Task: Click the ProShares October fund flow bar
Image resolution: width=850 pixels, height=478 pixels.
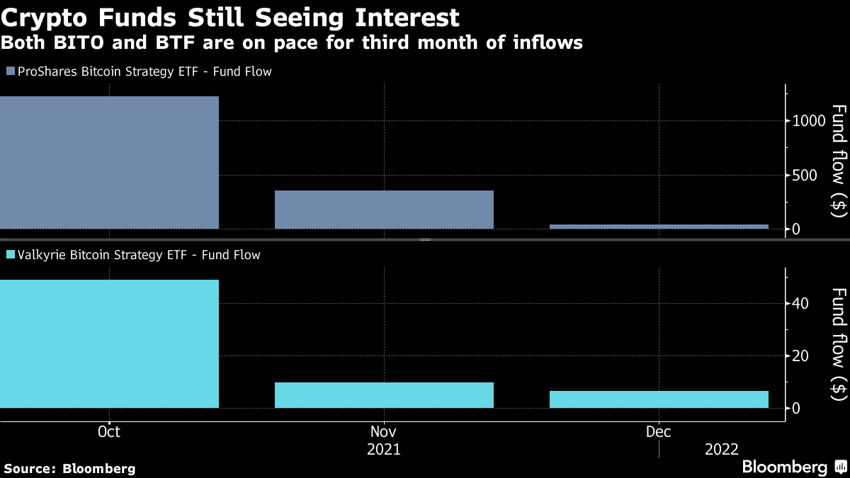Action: pos(109,163)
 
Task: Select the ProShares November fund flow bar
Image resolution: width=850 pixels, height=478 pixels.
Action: pos(383,210)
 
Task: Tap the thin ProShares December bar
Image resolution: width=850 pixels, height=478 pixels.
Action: pos(659,227)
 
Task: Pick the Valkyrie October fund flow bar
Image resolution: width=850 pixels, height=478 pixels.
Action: pos(109,344)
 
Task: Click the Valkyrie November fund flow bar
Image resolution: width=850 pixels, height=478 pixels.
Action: pos(383,395)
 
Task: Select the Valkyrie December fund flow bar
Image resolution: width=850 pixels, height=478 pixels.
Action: pos(659,399)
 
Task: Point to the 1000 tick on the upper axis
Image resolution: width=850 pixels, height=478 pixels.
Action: pos(808,120)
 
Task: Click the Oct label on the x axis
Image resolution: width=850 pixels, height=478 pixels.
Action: pos(109,431)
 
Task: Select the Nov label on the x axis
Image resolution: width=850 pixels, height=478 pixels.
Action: pos(383,431)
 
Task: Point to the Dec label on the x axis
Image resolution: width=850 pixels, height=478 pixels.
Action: pos(659,431)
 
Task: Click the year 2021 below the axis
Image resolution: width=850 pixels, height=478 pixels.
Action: pos(383,450)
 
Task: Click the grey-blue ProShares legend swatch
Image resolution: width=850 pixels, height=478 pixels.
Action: pos(10,72)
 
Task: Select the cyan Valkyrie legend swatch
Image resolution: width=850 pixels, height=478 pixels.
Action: pos(10,255)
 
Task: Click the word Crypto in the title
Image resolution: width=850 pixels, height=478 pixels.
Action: pos(47,17)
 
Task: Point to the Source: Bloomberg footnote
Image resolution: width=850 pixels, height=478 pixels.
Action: pos(69,468)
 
